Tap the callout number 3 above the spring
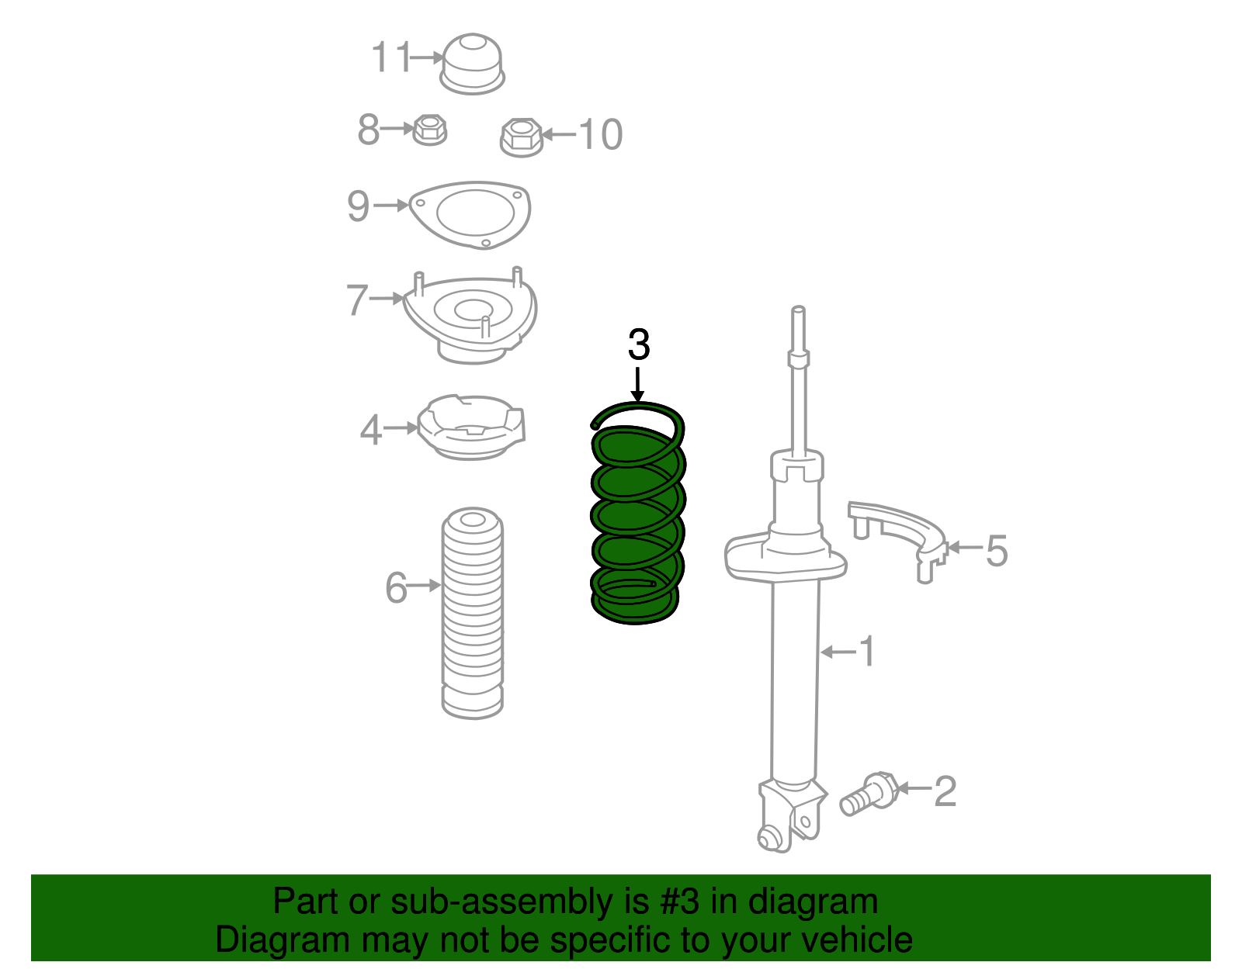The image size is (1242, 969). [638, 345]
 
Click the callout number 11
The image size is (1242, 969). [390, 57]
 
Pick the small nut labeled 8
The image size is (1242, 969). [429, 129]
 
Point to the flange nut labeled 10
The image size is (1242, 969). [521, 137]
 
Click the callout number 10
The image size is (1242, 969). [601, 135]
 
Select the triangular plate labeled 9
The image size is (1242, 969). [470, 214]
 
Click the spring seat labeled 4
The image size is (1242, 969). [470, 427]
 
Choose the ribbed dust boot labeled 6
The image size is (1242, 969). [472, 613]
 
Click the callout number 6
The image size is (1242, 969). [396, 587]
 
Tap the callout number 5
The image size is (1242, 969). [997, 551]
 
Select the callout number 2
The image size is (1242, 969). [945, 791]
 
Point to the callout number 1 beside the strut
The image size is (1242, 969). [868, 651]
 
